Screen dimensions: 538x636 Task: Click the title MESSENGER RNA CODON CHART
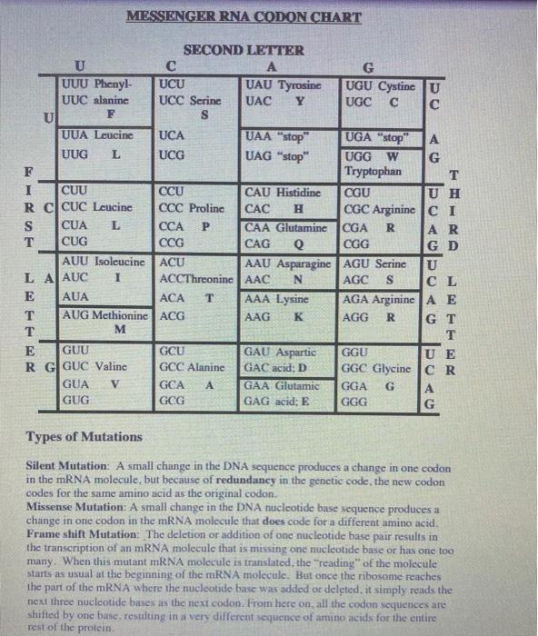tap(244, 15)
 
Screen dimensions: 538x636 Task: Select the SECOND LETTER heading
tap(244, 50)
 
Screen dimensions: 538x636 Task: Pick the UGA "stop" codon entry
tap(381, 138)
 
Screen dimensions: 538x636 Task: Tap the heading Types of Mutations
tap(85, 437)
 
